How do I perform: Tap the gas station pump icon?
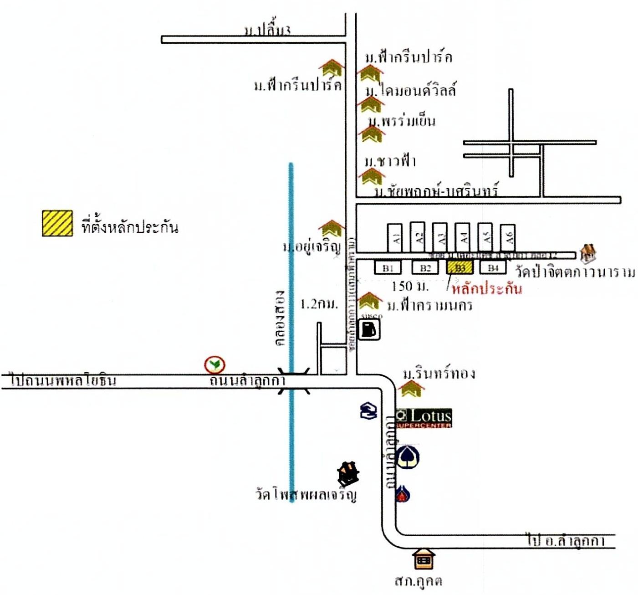tap(370, 329)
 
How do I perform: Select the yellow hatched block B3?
tap(460, 267)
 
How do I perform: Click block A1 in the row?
tap(395, 237)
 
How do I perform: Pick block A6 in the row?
tap(508, 237)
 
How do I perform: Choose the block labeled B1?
tap(388, 267)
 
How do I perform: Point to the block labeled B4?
tap(493, 267)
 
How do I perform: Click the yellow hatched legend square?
tap(57, 223)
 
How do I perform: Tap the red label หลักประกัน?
tap(486, 288)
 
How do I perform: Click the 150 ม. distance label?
tap(410, 286)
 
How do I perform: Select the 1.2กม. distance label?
tap(319, 304)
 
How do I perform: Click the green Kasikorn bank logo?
tap(214, 364)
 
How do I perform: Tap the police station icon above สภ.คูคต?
tap(424, 559)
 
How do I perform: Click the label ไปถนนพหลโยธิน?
tap(64, 380)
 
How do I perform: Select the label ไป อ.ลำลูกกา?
tap(566, 541)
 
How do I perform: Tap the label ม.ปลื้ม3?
tap(267, 31)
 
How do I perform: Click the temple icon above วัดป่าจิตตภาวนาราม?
tap(588, 252)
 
